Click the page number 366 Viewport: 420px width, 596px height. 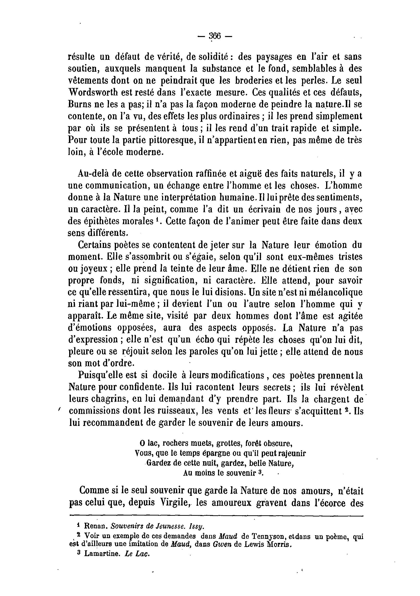pos(214,36)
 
